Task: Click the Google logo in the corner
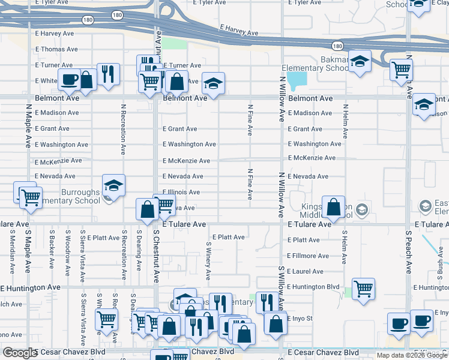[20, 353]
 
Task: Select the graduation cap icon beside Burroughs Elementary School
[113, 185]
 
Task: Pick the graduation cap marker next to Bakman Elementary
[360, 63]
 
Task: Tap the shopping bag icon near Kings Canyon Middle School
[334, 208]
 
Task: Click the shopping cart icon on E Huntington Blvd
[363, 289]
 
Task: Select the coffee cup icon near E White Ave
[70, 79]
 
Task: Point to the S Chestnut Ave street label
[155, 256]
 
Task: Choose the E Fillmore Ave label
[308, 256]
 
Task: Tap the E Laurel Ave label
[306, 271]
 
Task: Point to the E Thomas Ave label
[56, 49]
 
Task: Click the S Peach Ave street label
[408, 251]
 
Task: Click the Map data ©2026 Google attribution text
[411, 355]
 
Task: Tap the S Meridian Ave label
[11, 252]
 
